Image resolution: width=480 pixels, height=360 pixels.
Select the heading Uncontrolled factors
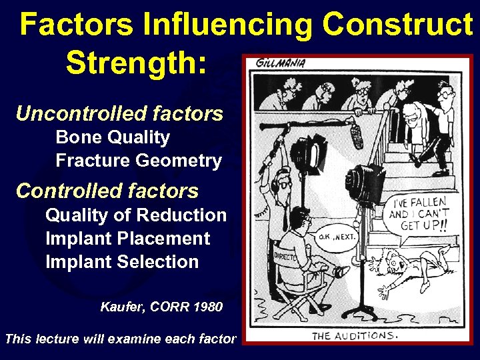(119, 113)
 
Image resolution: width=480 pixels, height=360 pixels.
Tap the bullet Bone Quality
(113, 137)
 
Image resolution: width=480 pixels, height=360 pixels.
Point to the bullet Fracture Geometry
(139, 161)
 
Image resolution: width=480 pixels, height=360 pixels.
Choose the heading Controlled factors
(107, 191)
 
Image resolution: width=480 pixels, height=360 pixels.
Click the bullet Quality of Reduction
(136, 215)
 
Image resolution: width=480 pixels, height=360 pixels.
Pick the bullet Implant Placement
(127, 239)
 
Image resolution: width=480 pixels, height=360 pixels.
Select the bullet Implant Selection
(122, 262)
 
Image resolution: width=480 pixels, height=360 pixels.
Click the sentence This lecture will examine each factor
(120, 339)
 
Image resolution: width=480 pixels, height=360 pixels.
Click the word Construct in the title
(397, 25)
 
